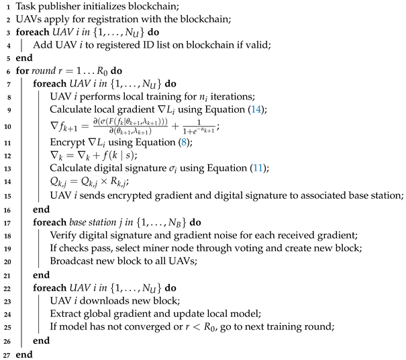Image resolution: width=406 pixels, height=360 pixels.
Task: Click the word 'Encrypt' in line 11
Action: (x=68, y=142)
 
